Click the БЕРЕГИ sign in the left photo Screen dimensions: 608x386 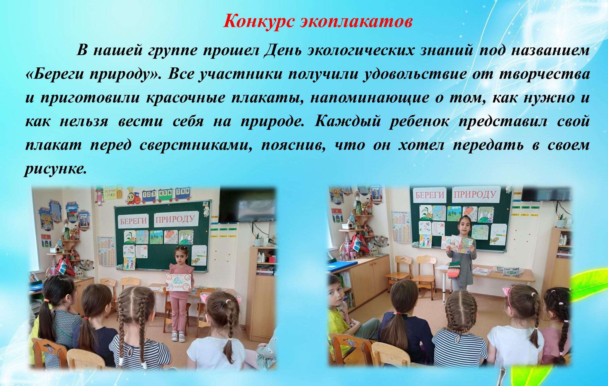tap(133, 221)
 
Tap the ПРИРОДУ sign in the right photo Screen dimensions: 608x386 tap(476, 194)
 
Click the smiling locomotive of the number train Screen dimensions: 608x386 tap(134, 196)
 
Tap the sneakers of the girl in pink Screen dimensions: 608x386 tap(179, 336)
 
